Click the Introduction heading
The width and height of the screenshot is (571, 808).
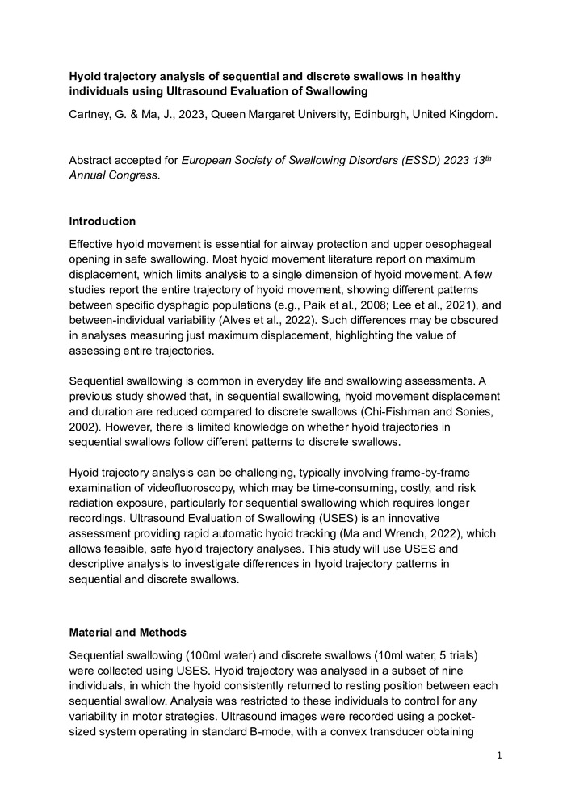click(103, 221)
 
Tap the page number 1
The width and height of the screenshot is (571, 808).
click(501, 755)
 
